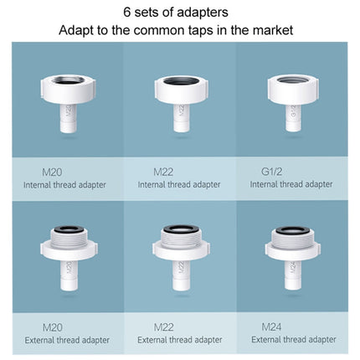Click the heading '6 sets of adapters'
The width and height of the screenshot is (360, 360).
click(180, 13)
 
